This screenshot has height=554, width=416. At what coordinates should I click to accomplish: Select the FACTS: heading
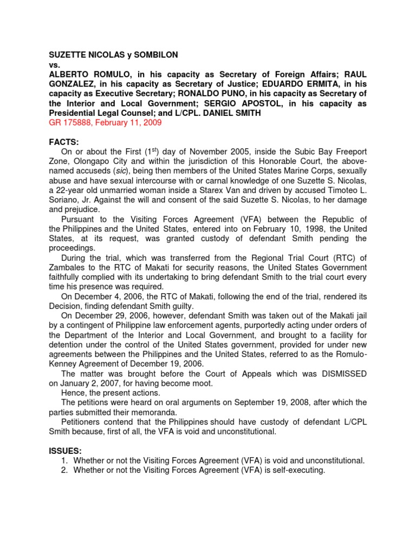pos(64,142)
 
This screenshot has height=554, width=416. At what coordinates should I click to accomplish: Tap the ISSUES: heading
pos(66,451)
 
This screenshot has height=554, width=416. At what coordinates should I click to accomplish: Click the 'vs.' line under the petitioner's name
pos(55,64)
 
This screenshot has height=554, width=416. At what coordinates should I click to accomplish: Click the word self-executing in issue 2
pos(295,470)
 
